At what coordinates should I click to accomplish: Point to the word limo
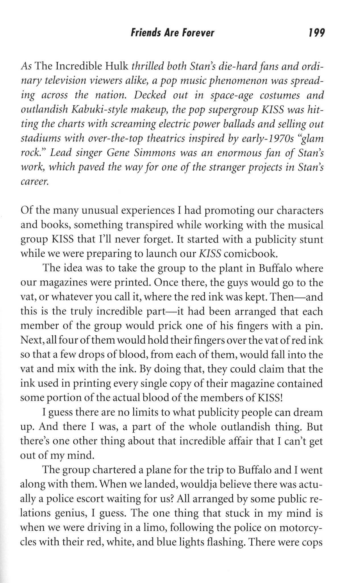click(x=153, y=527)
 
